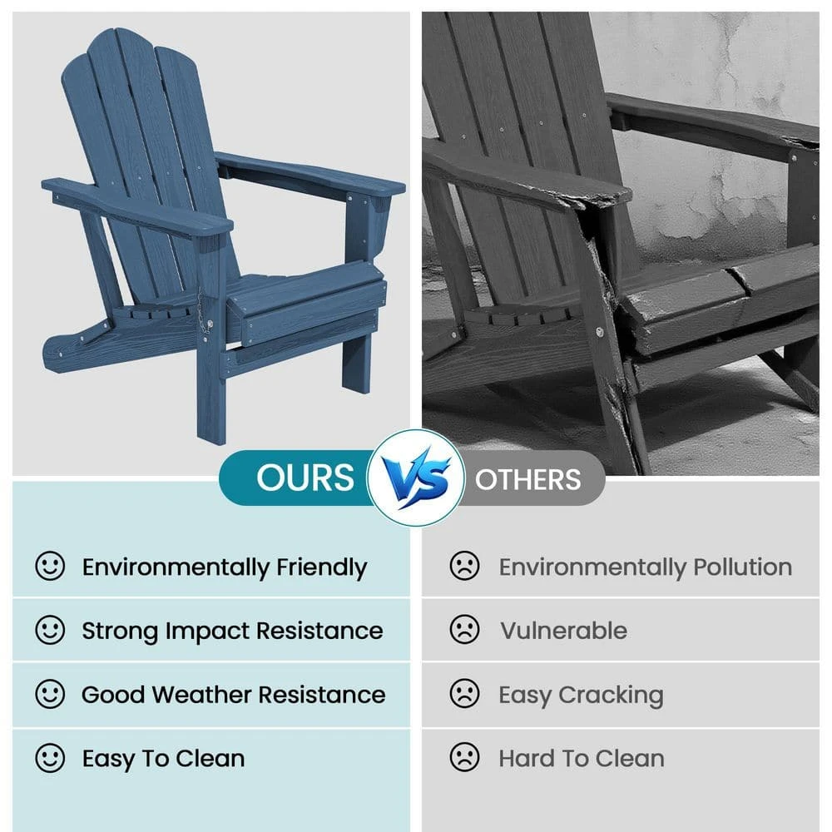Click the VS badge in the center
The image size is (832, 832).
click(x=416, y=478)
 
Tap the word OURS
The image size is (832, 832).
click(x=305, y=478)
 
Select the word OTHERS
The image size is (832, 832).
click(x=528, y=480)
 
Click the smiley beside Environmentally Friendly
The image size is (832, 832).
click(x=50, y=566)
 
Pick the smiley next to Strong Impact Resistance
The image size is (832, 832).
click(x=50, y=630)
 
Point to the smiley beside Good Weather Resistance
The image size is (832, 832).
click(x=50, y=694)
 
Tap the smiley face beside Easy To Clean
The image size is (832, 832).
click(x=50, y=758)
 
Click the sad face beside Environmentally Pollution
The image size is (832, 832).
click(x=464, y=566)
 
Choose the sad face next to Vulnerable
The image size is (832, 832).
click(x=464, y=629)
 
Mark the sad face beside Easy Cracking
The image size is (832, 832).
click(x=464, y=693)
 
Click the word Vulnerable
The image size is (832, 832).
click(x=563, y=631)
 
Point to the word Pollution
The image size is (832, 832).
click(x=743, y=567)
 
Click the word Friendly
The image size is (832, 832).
click(x=321, y=568)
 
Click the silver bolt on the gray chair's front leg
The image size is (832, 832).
click(x=600, y=332)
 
